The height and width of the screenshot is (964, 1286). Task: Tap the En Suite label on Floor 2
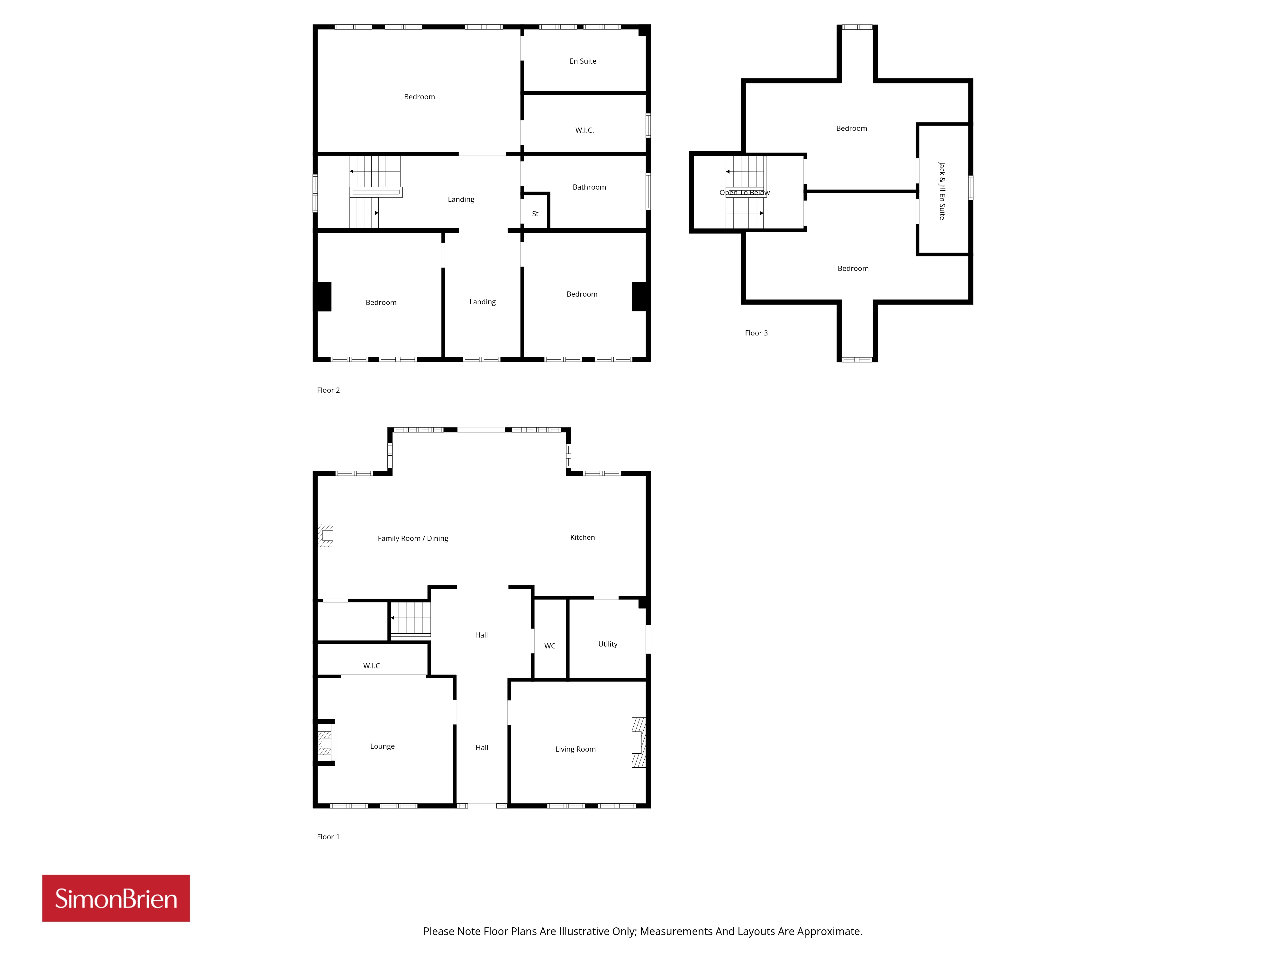pos(583,61)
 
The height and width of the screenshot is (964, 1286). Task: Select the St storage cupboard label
pos(535,214)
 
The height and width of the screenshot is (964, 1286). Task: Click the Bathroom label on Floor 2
pos(589,187)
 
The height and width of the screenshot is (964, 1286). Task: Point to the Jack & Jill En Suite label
pos(942,191)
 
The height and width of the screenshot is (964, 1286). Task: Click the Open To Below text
pos(744,192)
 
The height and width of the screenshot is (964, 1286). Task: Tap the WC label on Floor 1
pos(549,646)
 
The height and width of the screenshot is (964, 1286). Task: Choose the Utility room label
pos(608,644)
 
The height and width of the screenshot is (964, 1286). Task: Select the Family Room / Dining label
pos(413,538)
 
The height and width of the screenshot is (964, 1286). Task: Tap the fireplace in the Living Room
pos(638,743)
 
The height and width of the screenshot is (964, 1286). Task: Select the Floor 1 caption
pos(328,837)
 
